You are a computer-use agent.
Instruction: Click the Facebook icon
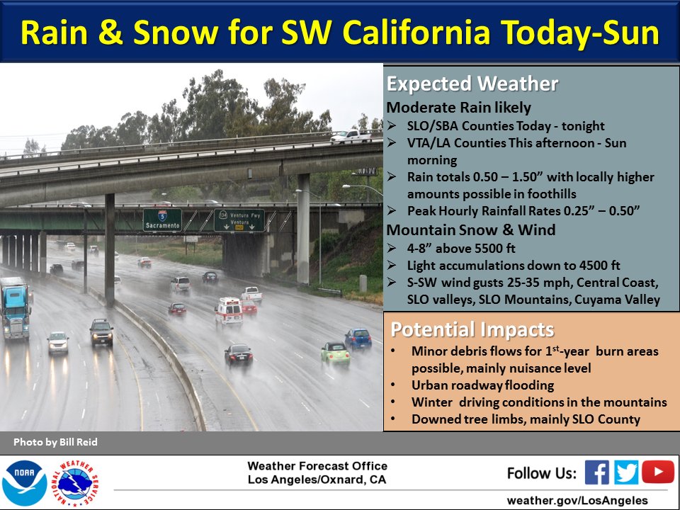(x=596, y=472)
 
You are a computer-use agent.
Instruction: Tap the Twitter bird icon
(x=625, y=472)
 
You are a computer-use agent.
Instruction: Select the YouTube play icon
(x=657, y=472)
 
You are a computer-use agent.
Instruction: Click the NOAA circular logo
(x=24, y=483)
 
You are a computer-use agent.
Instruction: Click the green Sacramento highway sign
(x=162, y=220)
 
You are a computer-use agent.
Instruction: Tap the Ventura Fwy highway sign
(x=239, y=220)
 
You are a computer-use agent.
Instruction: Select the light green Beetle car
(x=335, y=353)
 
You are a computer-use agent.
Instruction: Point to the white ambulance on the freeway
(x=229, y=312)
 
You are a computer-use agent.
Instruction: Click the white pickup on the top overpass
(x=351, y=136)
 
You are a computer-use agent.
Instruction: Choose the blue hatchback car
(x=358, y=339)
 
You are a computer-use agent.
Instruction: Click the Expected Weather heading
(x=472, y=84)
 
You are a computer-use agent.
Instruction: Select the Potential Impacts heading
(x=472, y=329)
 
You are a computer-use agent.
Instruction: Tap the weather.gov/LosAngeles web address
(x=577, y=500)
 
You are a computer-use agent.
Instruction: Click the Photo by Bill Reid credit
(x=55, y=442)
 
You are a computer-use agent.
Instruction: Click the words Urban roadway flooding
(x=482, y=385)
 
